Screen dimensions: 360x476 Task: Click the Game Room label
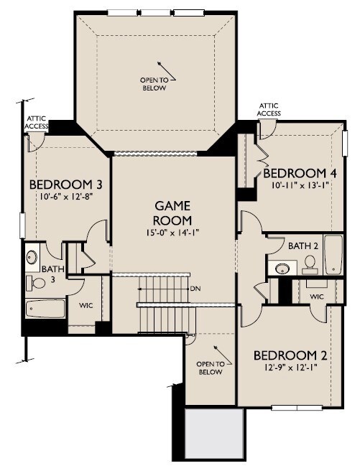[x=173, y=213]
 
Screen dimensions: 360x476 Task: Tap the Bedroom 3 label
[x=65, y=185]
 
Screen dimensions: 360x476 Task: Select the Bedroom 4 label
[x=300, y=173]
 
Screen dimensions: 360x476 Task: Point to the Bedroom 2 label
[x=290, y=355]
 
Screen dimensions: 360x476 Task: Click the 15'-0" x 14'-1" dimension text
[x=173, y=233]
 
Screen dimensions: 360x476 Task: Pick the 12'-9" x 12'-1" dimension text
[x=291, y=368]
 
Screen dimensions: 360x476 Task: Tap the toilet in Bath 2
[x=310, y=264]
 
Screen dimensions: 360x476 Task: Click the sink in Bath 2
[x=283, y=268]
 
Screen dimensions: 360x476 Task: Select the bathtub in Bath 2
[x=333, y=254]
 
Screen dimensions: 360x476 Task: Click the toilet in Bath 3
[x=36, y=283]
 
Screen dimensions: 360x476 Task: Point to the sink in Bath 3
[x=32, y=258]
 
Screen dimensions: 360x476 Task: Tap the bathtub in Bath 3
[x=45, y=309]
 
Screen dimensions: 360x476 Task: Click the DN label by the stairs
[x=195, y=289]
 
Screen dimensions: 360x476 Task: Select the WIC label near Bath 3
[x=86, y=305]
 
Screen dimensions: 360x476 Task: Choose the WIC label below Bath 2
[x=317, y=297]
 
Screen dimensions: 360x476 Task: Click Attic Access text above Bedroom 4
[x=269, y=110]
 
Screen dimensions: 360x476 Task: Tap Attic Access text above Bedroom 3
[x=37, y=122]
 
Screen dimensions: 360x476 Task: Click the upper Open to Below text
[x=154, y=84]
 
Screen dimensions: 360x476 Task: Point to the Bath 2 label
[x=303, y=246]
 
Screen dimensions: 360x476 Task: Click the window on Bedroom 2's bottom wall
[x=297, y=407]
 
